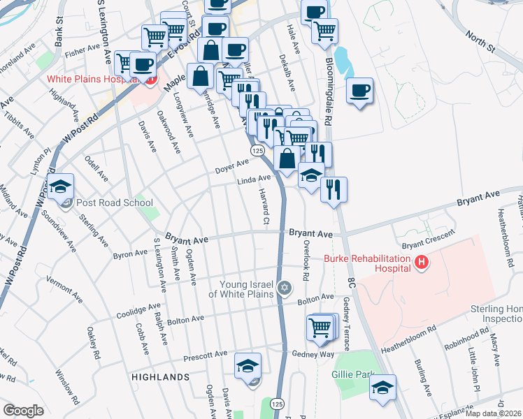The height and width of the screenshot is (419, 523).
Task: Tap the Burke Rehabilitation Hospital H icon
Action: [421, 263]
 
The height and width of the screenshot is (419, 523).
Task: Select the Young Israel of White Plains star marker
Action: [284, 288]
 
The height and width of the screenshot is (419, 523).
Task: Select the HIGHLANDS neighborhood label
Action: [160, 376]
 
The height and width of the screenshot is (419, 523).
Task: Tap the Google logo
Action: [23, 411]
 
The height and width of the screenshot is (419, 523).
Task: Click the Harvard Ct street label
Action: [264, 206]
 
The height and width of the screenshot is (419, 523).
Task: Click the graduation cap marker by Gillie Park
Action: [382, 388]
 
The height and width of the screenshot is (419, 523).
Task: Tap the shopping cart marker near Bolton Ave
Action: [320, 327]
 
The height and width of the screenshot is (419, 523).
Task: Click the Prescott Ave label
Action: [206, 356]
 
